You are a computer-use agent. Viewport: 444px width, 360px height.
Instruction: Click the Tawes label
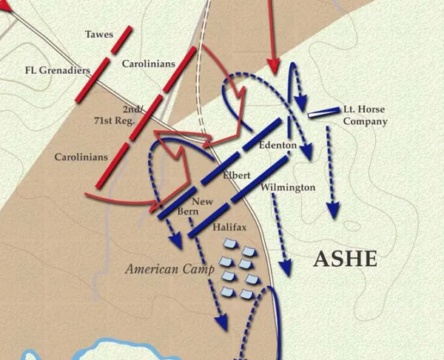(x=99, y=34)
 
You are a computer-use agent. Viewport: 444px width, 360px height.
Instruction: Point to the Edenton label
(x=277, y=146)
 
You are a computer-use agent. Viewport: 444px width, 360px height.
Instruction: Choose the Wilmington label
(x=288, y=188)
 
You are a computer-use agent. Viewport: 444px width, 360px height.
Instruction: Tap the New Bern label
(x=202, y=207)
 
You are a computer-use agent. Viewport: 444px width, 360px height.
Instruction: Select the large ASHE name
(x=345, y=259)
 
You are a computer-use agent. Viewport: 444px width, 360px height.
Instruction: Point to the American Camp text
(x=164, y=269)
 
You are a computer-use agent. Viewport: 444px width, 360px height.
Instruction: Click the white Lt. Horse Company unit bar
(x=323, y=113)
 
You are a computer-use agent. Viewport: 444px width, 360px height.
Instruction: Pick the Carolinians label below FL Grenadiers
(x=81, y=157)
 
